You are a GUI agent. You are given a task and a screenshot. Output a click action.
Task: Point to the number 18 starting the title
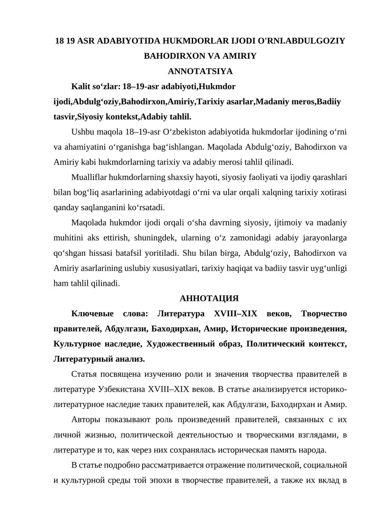point(59,41)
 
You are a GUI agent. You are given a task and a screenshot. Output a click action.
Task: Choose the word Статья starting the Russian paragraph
point(84,374)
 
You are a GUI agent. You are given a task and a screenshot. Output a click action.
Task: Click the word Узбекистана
point(122,389)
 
